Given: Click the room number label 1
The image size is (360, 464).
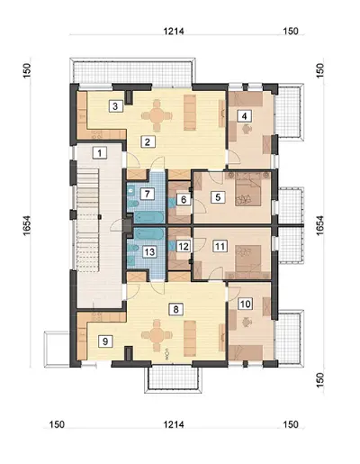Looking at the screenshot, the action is point(100,153).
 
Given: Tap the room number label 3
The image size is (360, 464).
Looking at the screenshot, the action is point(116,106).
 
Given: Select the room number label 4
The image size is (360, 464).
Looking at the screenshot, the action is point(245,116).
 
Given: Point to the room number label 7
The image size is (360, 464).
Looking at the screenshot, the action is point(147,194).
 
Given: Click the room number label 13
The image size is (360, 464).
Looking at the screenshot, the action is point(149,251).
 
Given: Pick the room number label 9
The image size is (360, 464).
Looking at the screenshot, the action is point(105,341).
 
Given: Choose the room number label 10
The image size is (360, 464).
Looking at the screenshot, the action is point(245,304).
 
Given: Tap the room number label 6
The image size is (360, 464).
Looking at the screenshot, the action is point(184,200).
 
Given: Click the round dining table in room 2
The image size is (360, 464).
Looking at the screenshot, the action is point(157,115).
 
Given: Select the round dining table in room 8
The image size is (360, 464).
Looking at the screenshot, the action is point(157,334).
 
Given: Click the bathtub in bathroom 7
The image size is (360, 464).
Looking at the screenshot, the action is point(148,216).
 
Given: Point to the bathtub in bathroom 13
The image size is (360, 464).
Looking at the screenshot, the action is point(148,233).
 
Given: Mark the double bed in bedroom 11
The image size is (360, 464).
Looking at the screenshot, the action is point(247,258).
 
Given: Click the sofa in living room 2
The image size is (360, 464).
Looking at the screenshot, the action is point(190,113).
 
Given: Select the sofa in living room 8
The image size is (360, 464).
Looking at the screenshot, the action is point(190,338).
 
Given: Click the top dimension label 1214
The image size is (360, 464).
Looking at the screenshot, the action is point(174,32).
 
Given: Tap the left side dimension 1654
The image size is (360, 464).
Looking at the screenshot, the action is point(27,225).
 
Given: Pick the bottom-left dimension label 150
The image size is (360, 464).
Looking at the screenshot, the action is point(57,424).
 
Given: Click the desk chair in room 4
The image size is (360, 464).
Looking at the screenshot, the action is point(247,129).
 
